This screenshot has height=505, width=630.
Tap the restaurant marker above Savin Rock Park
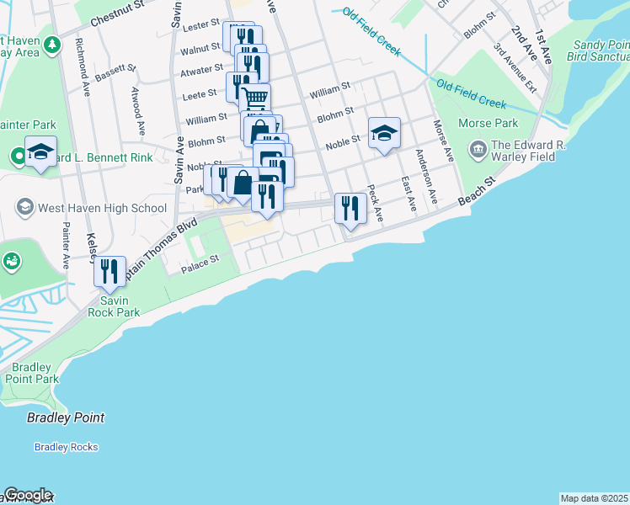point(109,271)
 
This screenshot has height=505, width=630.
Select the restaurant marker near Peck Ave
point(350,208)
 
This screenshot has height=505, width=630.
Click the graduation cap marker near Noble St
point(384,132)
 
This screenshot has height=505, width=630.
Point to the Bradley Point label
point(66,417)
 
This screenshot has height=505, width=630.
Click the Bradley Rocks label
point(66,447)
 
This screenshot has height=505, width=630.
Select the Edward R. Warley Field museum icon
point(478,151)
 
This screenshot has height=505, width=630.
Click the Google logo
point(27,495)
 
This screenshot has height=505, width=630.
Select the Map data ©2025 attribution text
point(594,497)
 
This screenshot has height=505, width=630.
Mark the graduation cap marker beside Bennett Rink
point(40,151)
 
